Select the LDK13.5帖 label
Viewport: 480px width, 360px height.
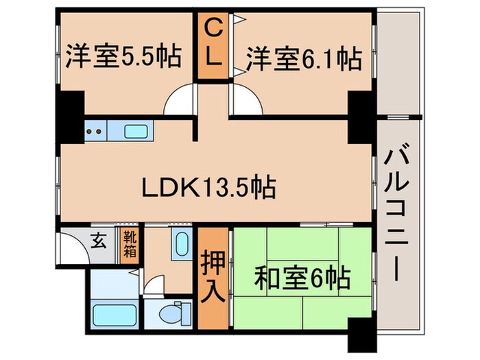point(208,186)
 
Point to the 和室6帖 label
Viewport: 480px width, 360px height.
point(303,278)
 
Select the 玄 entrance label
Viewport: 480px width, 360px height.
point(99,241)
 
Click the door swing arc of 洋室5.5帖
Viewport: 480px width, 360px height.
point(179,103)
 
